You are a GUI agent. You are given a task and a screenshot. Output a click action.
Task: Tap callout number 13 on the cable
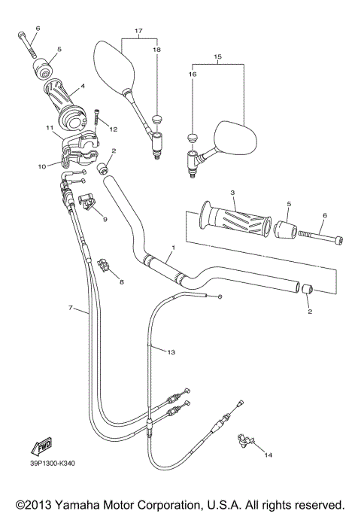tap(171, 352)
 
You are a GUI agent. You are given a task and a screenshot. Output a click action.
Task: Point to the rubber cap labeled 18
tap(158, 118)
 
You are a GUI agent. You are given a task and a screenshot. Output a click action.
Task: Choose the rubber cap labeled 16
tap(193, 138)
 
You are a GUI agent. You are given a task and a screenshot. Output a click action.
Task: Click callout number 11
tap(48, 129)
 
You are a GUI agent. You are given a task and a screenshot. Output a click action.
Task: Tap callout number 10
tap(41, 165)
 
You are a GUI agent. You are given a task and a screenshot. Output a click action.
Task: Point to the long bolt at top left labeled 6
tap(29, 45)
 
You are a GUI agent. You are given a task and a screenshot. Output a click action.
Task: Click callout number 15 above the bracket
tap(218, 56)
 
